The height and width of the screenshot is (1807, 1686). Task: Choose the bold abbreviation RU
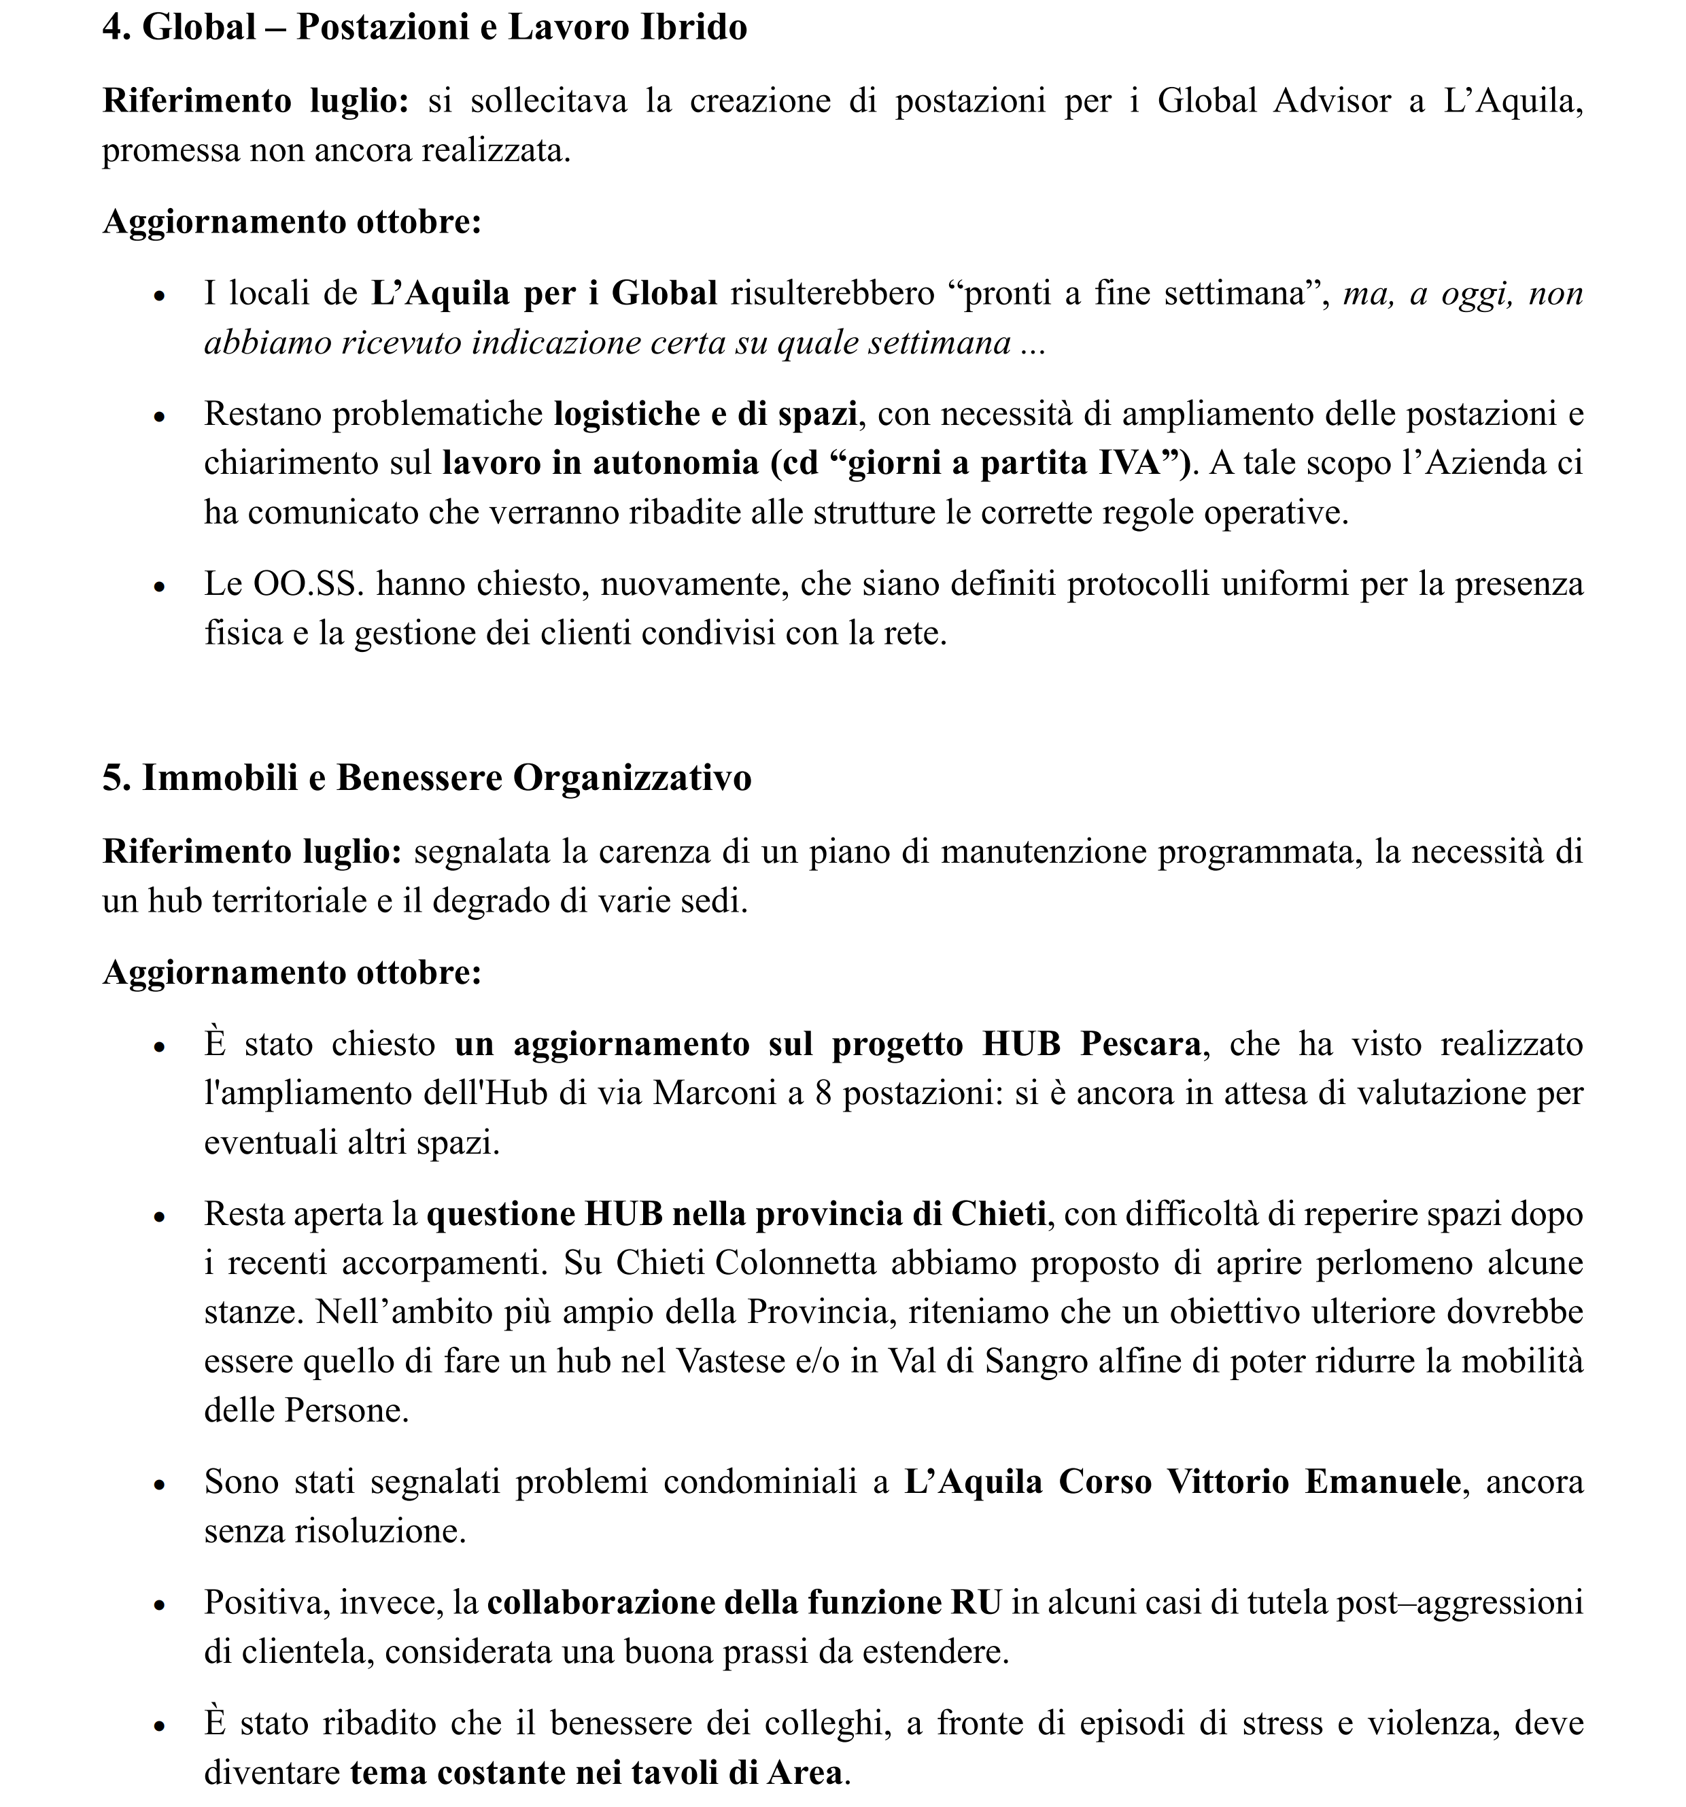pyautogui.click(x=976, y=1602)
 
